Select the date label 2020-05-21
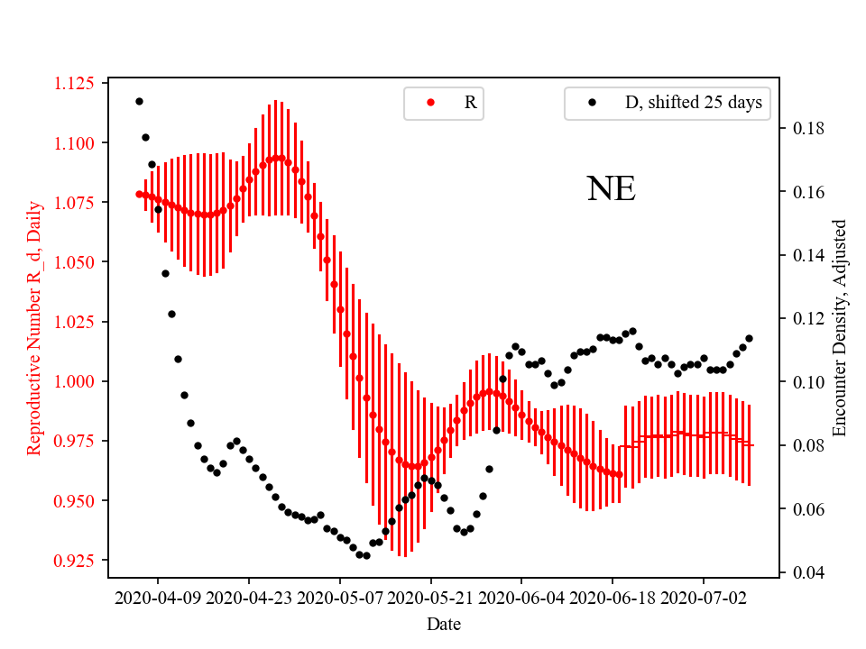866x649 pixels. point(431,597)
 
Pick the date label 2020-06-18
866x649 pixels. point(613,597)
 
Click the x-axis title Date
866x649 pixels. point(444,623)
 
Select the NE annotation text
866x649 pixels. point(611,189)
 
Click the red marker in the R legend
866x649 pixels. point(431,103)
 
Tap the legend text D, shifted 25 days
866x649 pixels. point(693,103)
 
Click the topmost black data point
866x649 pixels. point(139,101)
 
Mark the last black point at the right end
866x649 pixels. point(749,338)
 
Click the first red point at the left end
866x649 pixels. point(139,194)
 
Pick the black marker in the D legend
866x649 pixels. point(592,103)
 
